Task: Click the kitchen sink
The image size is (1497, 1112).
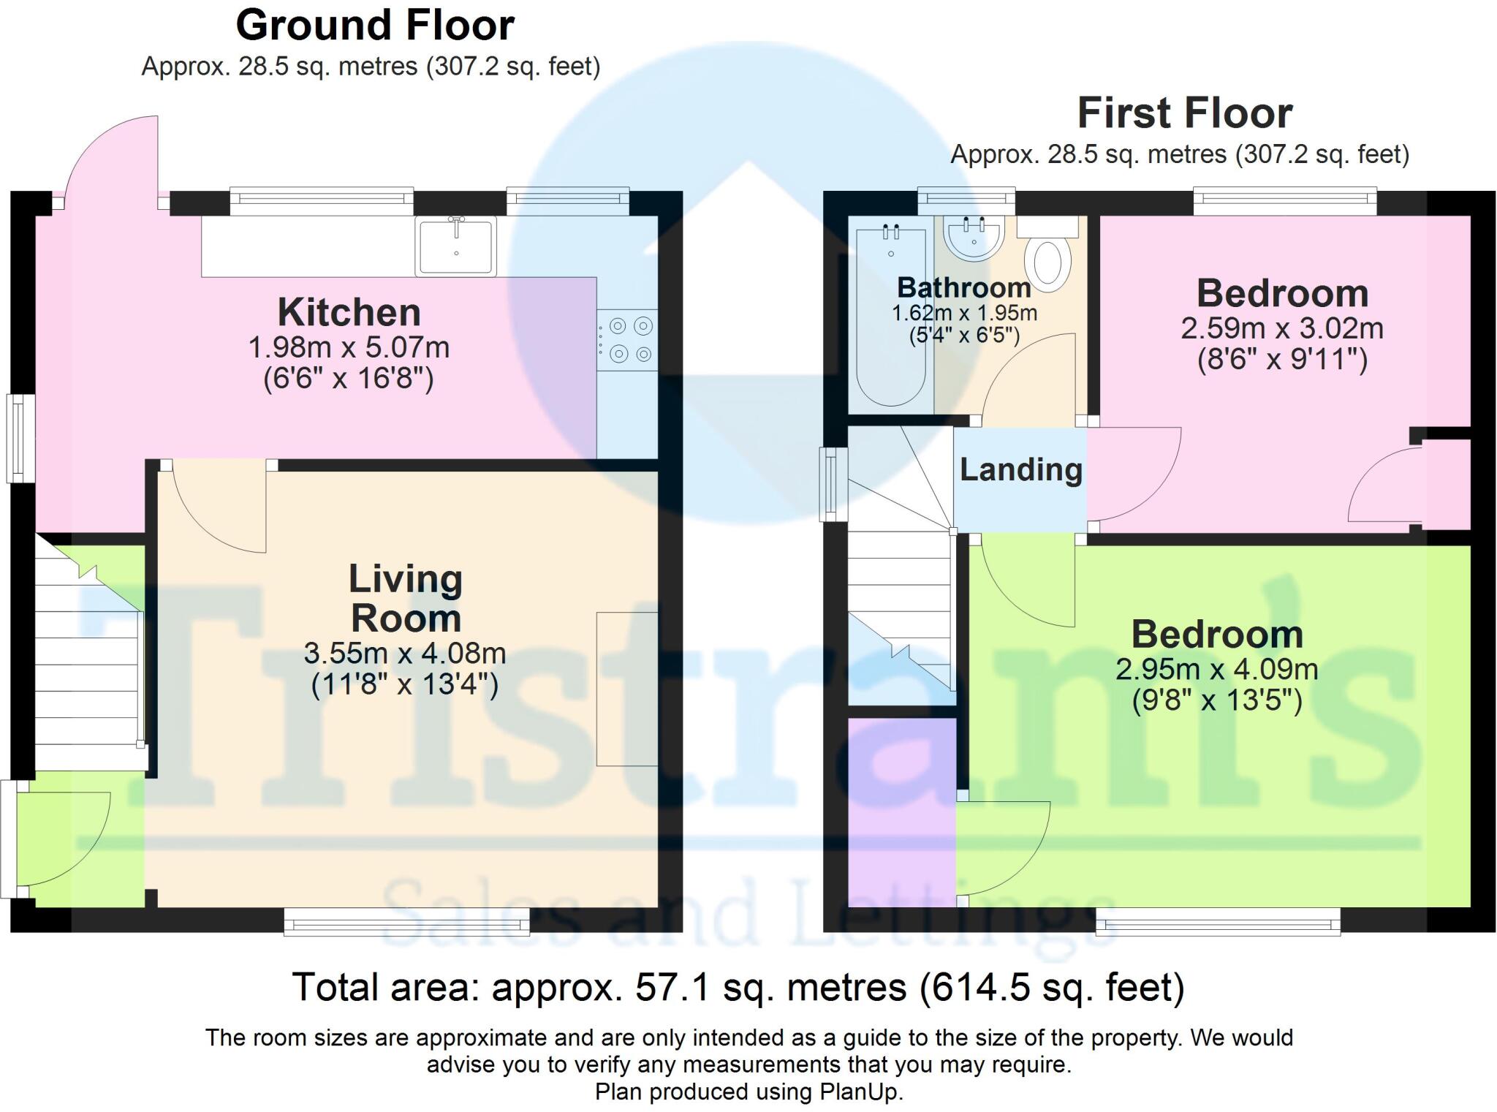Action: point(455,246)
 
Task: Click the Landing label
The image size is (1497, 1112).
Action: point(1020,470)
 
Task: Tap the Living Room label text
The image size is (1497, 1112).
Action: point(406,599)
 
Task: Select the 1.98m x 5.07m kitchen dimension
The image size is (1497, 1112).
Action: point(349,348)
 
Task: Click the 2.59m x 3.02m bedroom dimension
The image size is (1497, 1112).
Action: point(1282,329)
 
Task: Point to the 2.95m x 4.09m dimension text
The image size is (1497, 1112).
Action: point(1216,670)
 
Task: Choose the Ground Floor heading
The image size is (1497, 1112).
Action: point(375,26)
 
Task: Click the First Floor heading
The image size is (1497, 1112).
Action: point(1184,114)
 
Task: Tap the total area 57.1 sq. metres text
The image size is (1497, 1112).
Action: point(738,988)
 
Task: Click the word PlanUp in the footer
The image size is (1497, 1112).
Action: point(860,1092)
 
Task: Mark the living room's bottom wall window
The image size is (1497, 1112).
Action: point(406,922)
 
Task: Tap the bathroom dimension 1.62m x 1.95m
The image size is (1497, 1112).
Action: point(963,314)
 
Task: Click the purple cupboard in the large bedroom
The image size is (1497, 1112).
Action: point(902,812)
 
